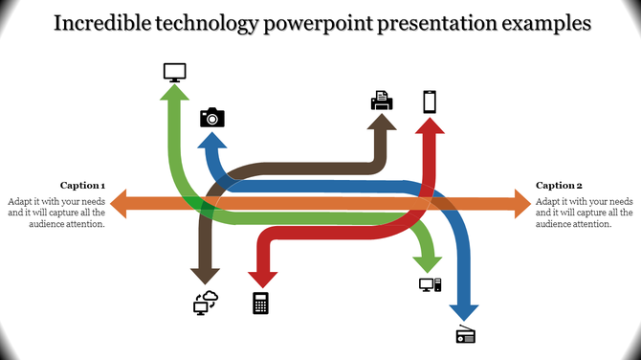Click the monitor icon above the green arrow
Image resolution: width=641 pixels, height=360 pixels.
174,72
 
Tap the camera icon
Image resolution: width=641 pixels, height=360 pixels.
211,117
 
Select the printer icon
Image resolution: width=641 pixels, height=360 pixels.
381,100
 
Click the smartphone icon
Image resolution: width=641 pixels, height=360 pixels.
431,101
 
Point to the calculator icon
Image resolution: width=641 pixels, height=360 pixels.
260,303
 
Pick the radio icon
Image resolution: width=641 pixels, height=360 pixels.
465,334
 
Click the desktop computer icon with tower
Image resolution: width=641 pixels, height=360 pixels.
430,284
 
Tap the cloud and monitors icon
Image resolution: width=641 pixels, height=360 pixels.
206,303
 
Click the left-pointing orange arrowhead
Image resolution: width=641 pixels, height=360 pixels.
120,203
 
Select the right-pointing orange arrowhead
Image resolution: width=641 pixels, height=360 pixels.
521,203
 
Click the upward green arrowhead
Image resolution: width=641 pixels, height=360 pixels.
174,94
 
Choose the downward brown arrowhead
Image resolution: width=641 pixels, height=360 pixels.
206,275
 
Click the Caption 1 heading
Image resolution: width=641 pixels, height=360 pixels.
82,185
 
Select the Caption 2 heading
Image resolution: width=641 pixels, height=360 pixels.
559,185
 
